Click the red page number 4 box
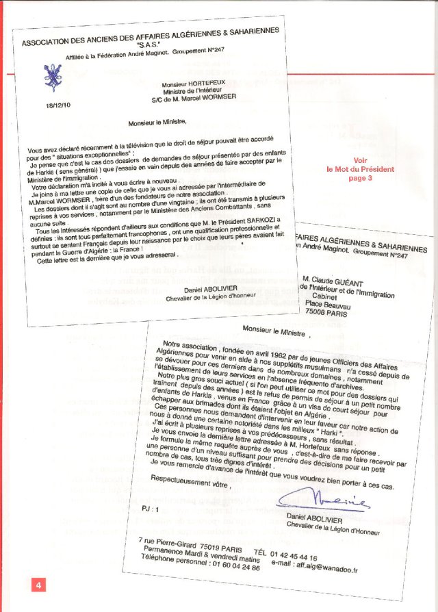[x=39, y=585]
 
